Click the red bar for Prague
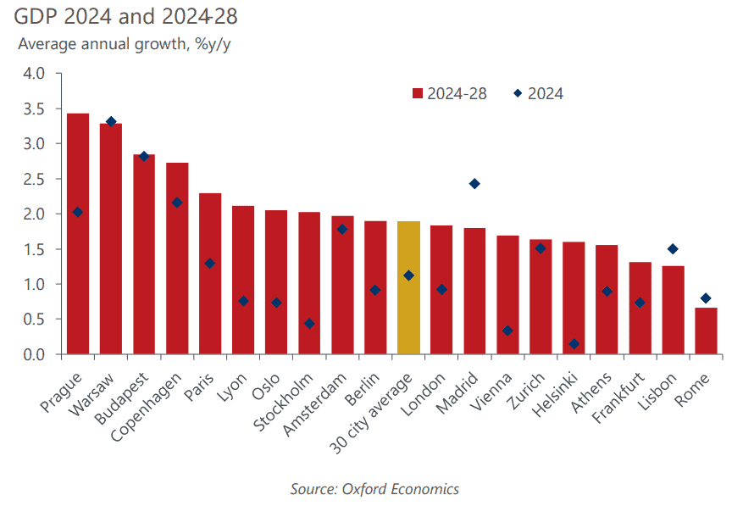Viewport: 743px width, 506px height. tap(78, 233)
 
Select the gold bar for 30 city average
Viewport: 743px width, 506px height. tap(408, 287)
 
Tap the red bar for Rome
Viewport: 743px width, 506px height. tap(706, 331)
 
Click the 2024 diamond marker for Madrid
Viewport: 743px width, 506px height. tap(474, 184)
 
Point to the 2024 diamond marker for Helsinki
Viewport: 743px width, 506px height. tap(574, 344)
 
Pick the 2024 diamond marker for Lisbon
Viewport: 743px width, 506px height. tap(673, 249)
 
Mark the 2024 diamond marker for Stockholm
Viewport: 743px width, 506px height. tap(309, 324)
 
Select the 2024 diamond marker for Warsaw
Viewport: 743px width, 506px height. tap(111, 122)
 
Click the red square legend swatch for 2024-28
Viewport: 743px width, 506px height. tap(417, 94)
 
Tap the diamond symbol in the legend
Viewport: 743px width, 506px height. tap(518, 94)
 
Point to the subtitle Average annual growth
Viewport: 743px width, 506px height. tap(124, 45)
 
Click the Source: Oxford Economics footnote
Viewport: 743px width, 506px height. tap(374, 489)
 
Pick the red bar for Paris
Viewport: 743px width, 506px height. tap(210, 273)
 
